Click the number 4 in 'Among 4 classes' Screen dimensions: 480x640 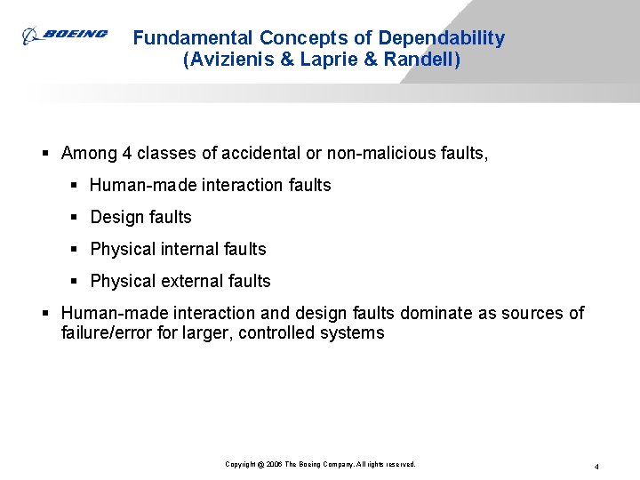click(x=128, y=154)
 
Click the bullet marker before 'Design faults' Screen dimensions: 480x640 click(x=76, y=217)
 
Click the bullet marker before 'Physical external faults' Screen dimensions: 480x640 click(x=76, y=281)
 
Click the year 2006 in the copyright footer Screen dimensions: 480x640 click(x=272, y=465)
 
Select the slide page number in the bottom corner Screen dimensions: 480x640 click(x=596, y=466)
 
